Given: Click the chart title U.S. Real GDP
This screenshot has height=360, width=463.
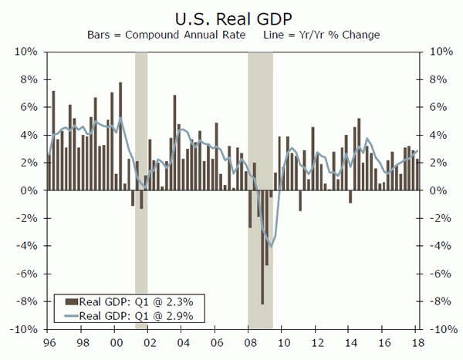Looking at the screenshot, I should pyautogui.click(x=231, y=17).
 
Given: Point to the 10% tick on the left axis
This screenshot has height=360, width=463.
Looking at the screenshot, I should pyautogui.click(x=28, y=52).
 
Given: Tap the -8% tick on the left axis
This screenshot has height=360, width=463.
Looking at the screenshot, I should pyautogui.click(x=28, y=301).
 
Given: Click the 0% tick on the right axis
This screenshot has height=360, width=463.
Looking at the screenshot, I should pyautogui.click(x=434, y=190).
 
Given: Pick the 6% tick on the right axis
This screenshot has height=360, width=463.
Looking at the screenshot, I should pyautogui.click(x=434, y=107).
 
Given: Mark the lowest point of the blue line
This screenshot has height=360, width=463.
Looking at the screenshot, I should pyautogui.click(x=271, y=245).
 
